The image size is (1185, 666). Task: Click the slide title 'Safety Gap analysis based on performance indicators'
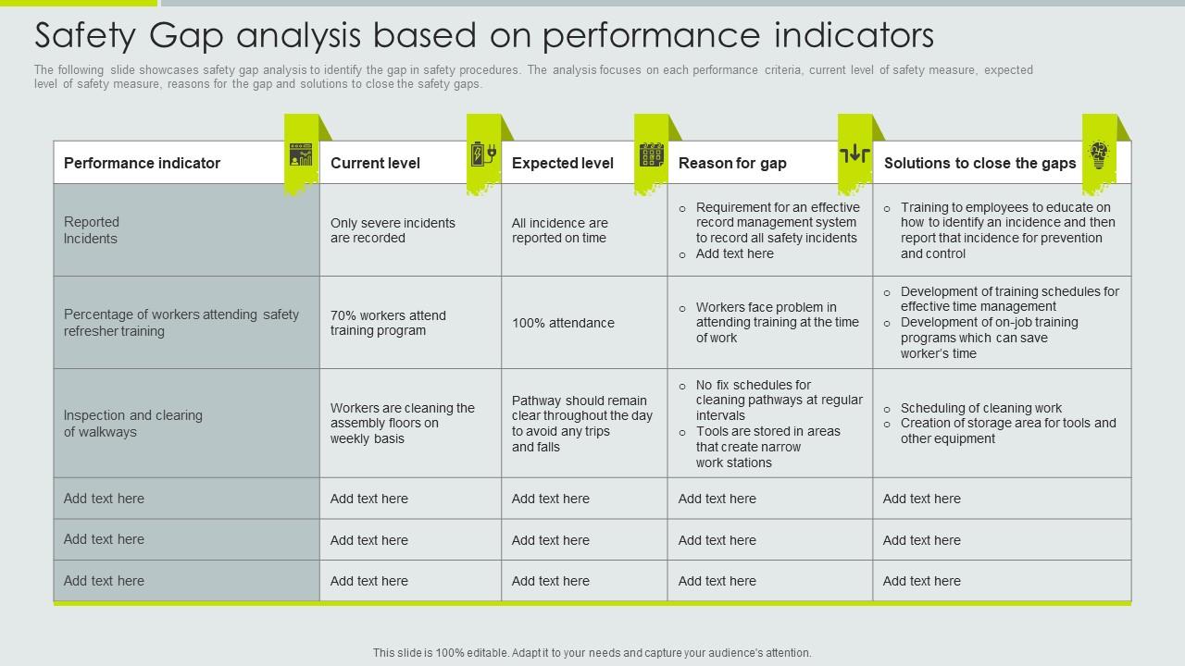[x=483, y=35]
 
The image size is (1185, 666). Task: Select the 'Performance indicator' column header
[x=142, y=163]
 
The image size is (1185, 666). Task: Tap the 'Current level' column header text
[x=375, y=163]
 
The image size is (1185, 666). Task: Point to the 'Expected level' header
[x=562, y=163]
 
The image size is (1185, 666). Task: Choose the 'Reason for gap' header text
[x=732, y=163]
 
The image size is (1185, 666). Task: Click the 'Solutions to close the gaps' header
[x=979, y=163]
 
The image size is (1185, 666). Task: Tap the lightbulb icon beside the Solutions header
[x=1099, y=154]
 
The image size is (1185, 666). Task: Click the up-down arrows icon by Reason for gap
[x=854, y=154]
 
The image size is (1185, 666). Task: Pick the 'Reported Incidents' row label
[x=91, y=230]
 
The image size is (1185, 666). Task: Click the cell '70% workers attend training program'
[x=388, y=323]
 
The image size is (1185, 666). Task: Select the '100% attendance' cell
[x=563, y=323]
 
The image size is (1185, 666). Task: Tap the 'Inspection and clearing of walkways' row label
[x=132, y=424]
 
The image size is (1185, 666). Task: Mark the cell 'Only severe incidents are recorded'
[x=393, y=230]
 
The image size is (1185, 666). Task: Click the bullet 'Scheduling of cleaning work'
[x=981, y=408]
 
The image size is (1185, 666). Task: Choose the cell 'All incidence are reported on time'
[x=559, y=230]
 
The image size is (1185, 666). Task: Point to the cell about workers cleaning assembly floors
[x=402, y=423]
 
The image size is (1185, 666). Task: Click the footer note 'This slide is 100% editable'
[x=592, y=653]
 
